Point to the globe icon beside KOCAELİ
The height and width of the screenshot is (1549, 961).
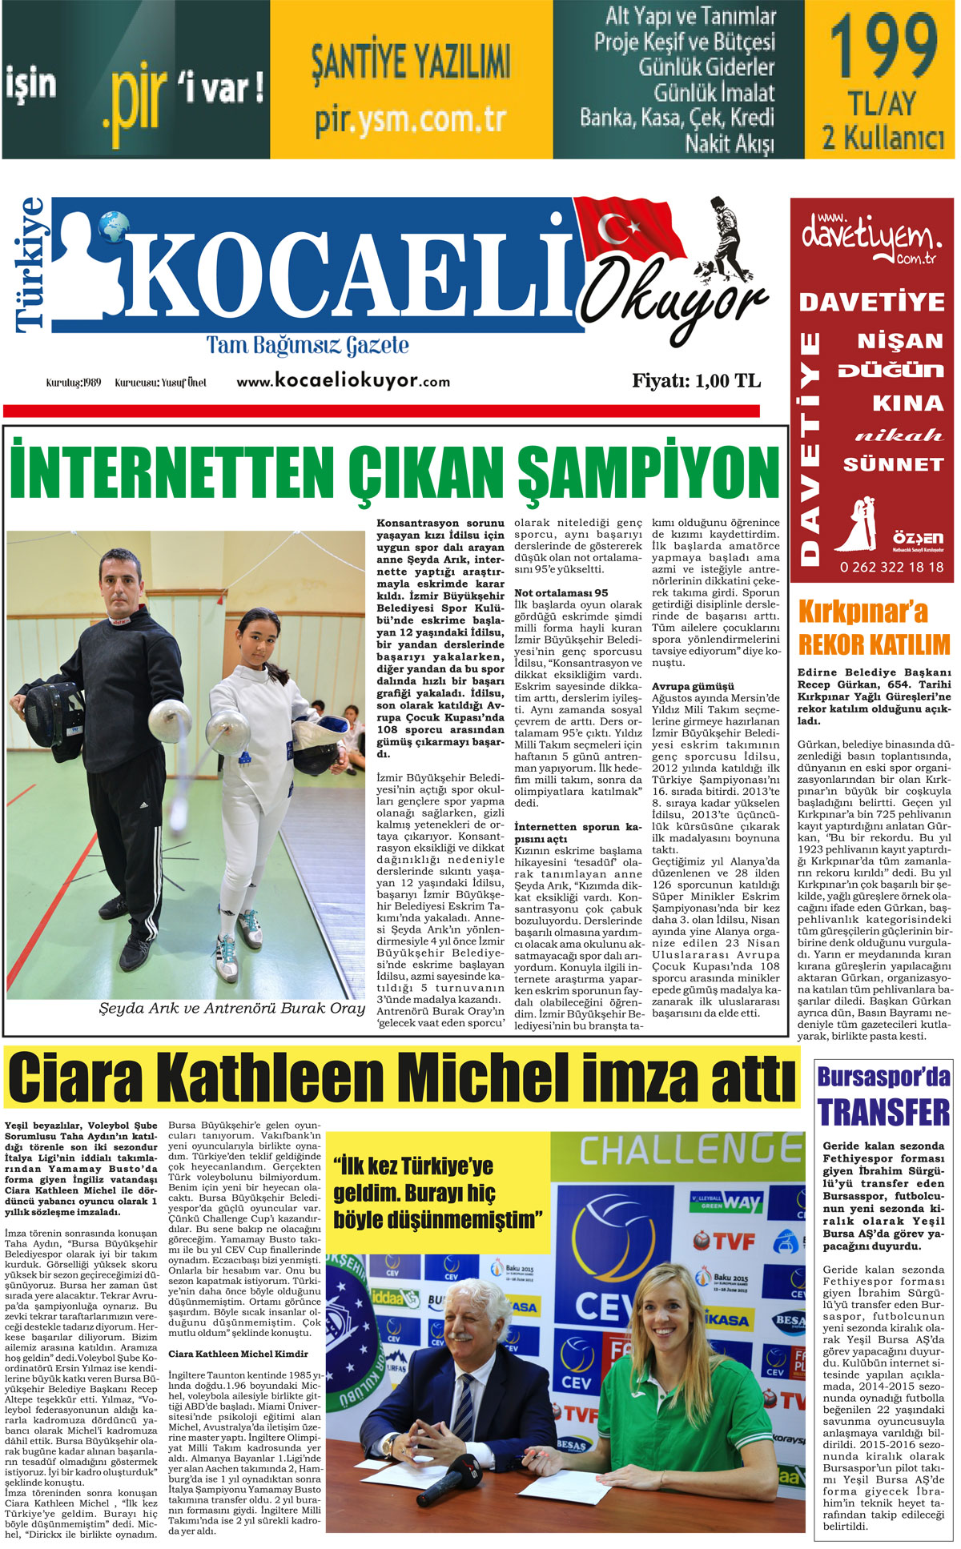pos(115,226)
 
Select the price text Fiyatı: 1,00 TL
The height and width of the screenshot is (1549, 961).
pos(696,381)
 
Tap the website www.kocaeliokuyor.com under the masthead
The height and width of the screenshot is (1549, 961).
pos(343,381)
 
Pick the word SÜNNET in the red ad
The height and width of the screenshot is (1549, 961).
pos(894,464)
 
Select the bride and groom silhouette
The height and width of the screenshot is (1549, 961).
pos(856,524)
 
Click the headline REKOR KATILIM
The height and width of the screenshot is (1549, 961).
pos(874,644)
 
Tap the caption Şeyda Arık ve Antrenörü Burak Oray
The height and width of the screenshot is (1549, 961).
pos(231,1009)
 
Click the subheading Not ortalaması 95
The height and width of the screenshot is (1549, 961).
pos(561,593)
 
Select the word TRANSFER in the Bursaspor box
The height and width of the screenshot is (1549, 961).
pos(883,1113)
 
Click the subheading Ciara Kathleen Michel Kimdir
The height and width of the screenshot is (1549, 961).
pos(238,1354)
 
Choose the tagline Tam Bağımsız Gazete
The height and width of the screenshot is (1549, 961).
pos(308,346)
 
